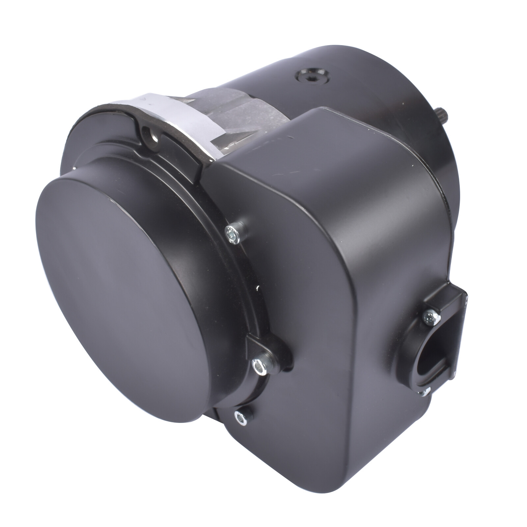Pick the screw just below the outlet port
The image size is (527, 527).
pos(425,392)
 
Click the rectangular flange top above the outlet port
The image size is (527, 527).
pos(448,293)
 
